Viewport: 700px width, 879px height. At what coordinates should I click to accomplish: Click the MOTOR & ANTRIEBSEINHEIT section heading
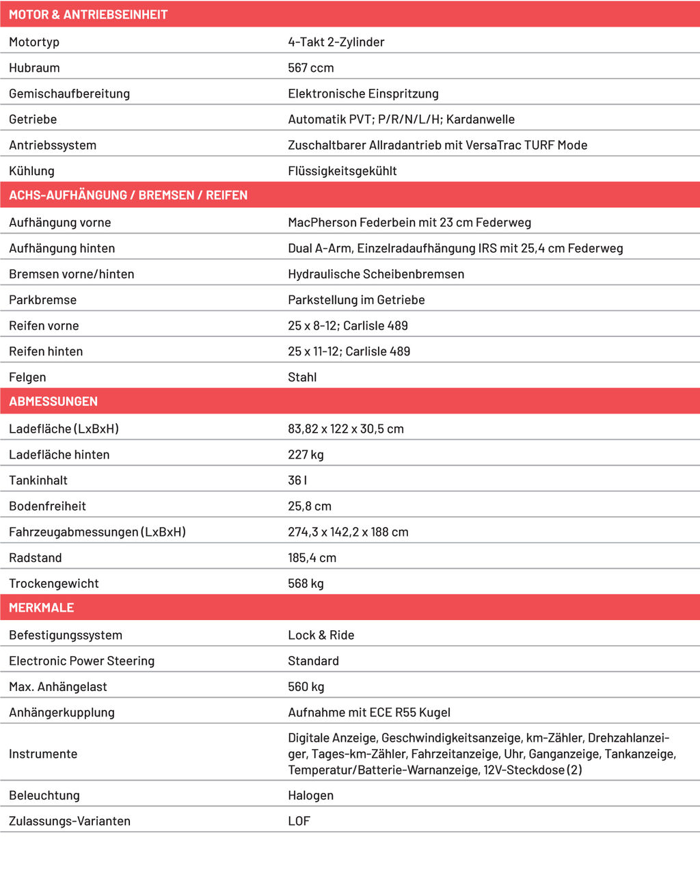[x=88, y=14]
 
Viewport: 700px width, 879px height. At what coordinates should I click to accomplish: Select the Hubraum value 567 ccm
[x=310, y=68]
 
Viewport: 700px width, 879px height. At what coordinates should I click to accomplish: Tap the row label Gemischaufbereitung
[x=69, y=94]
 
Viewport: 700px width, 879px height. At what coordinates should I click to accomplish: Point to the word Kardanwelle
[x=480, y=120]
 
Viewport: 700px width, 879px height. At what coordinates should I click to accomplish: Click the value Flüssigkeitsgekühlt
[x=342, y=171]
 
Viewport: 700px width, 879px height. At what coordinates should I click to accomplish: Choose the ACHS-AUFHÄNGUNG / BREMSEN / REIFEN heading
[x=128, y=195]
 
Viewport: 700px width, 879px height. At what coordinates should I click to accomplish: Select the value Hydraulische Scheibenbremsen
[x=376, y=274]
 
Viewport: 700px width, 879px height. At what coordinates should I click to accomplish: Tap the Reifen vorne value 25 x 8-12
[x=312, y=326]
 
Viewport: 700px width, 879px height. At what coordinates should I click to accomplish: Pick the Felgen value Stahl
[x=302, y=377]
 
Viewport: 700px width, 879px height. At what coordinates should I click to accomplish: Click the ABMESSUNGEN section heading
[x=53, y=402]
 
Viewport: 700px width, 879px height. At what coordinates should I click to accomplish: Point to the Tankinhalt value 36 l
[x=297, y=481]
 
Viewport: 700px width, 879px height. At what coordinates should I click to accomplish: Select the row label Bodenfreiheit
[x=47, y=506]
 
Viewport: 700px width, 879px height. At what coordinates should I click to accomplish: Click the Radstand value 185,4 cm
[x=312, y=558]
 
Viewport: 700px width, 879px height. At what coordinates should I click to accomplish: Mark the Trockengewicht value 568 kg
[x=306, y=584]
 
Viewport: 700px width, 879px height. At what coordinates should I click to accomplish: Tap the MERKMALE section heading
[x=41, y=608]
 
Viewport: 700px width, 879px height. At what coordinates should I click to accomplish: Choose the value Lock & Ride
[x=321, y=636]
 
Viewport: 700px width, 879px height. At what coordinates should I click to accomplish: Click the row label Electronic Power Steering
[x=81, y=661]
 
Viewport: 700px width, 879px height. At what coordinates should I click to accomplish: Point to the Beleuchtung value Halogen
[x=310, y=796]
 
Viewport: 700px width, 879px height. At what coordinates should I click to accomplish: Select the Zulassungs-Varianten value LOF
[x=299, y=822]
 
